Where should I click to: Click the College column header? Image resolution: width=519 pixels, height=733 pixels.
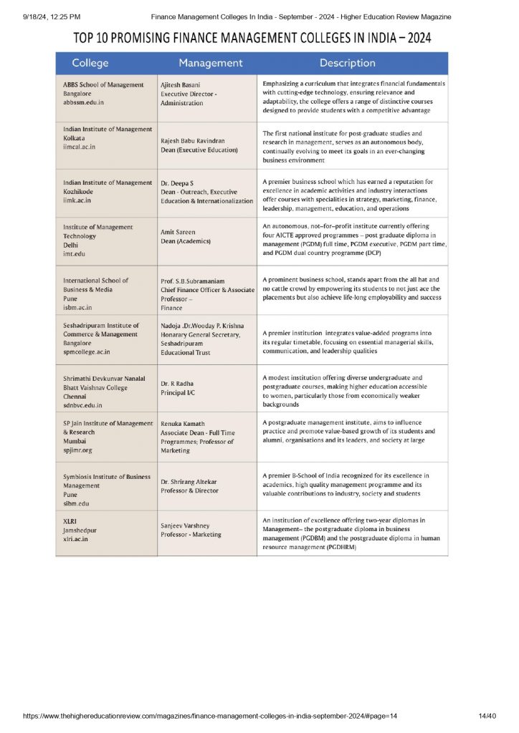point(90,63)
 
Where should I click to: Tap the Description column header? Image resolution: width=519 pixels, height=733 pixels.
point(348,63)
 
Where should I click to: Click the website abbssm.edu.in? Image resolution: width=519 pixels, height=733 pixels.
point(83,103)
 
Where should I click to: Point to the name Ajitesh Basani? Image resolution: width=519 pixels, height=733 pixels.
point(181,84)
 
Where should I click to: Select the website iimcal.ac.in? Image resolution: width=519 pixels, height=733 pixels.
point(79,147)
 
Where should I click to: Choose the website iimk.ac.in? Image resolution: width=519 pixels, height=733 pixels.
point(77,201)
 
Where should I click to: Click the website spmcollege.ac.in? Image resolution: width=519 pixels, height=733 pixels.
point(87,351)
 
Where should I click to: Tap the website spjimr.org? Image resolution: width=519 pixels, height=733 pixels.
point(79,451)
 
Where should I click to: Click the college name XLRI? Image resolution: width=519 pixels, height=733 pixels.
point(71,520)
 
